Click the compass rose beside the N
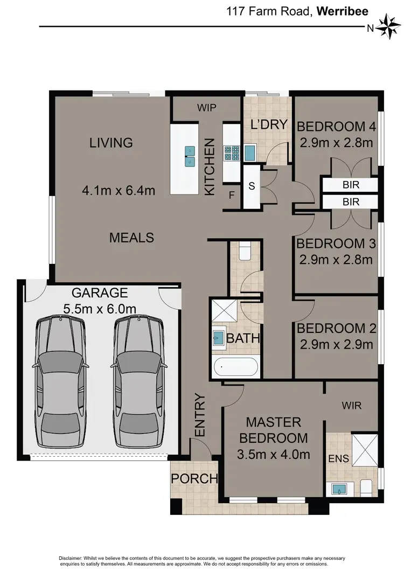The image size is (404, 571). coord(388,26)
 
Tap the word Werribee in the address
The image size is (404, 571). coord(343,11)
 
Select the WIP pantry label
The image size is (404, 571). coord(206,108)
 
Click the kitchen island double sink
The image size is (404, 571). coord(190,156)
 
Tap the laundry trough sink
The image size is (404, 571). coord(250,153)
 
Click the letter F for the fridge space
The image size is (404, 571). coord(231,196)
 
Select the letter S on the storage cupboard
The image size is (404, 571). coord(252,186)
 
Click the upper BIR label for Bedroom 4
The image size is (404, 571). coord(351,185)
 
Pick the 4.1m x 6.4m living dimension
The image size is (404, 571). coord(119,190)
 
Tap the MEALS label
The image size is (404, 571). coord(131,238)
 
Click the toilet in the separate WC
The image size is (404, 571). coord(245,252)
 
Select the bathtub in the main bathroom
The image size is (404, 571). coord(236,367)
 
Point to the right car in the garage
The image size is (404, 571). coord(138,382)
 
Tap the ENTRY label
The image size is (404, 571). coord(200,415)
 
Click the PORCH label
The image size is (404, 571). coord(194,478)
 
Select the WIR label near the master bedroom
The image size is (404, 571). coord(352,405)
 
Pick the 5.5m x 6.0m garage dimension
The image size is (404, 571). coord(100,309)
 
